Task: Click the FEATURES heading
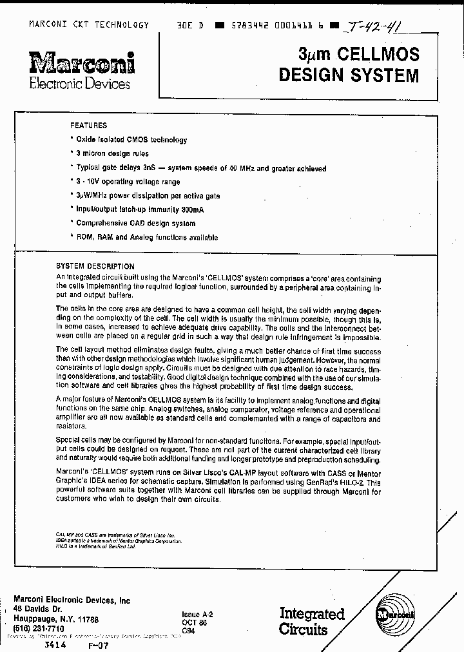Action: pyautogui.click(x=88, y=126)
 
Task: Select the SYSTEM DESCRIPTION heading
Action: pyautogui.click(x=95, y=266)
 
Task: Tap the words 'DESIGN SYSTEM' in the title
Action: pyautogui.click(x=348, y=75)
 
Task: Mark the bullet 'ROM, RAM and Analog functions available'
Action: pyautogui.click(x=146, y=238)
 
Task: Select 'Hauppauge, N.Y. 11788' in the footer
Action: pyautogui.click(x=56, y=618)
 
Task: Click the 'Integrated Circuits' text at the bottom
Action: pyautogui.click(x=312, y=622)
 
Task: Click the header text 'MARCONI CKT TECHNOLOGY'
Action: pyautogui.click(x=89, y=24)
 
